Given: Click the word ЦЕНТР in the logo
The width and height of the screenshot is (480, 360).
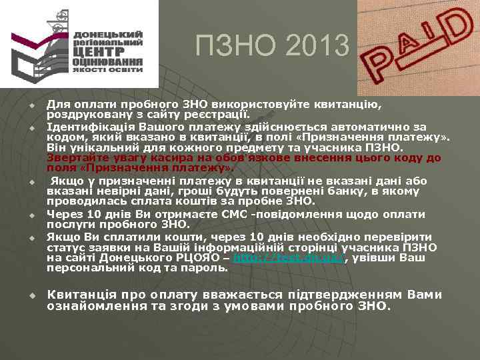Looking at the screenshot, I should click(98, 51).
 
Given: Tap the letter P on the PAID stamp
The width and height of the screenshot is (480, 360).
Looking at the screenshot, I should click(377, 65).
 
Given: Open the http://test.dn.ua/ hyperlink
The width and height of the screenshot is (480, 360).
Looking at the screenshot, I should click(288, 258).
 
